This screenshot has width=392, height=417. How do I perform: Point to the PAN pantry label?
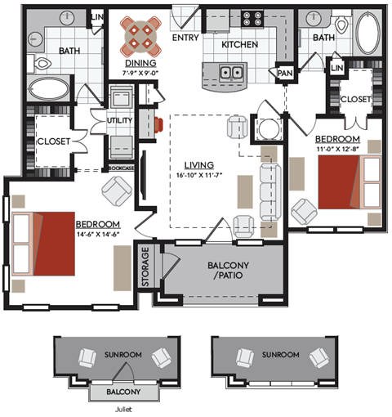click(x=285, y=73)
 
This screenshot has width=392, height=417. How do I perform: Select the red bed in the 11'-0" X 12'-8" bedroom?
click(x=340, y=182)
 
